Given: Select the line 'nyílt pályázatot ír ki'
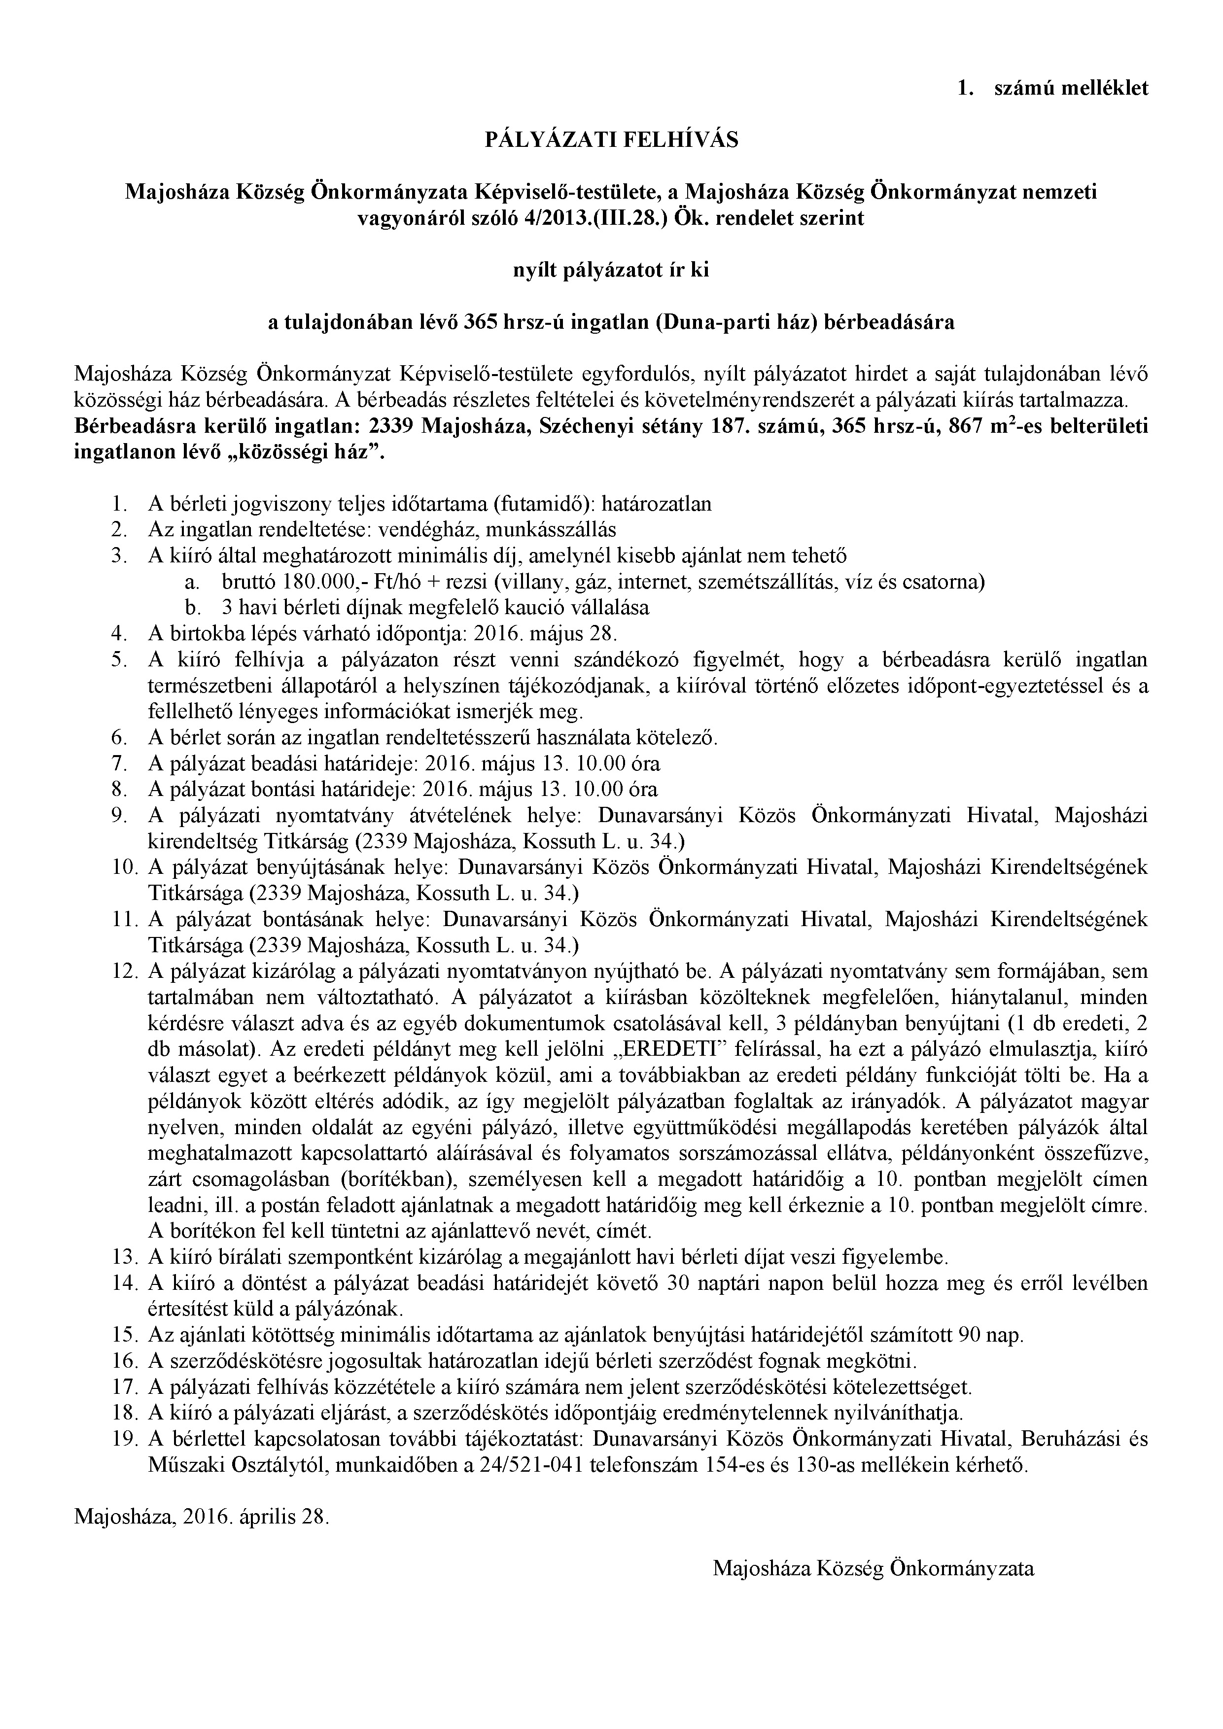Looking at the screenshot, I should [x=611, y=271].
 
